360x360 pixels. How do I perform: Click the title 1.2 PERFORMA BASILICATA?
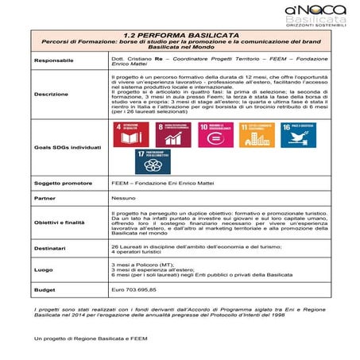[x=180, y=36]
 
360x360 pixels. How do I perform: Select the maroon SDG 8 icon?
[x=172, y=134]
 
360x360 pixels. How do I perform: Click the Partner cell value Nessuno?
[x=122, y=199]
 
